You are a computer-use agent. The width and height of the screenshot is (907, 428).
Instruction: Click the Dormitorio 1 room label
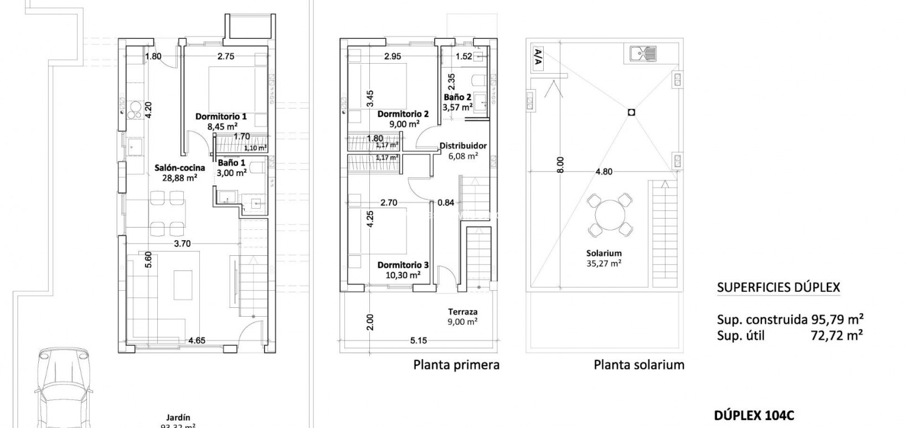point(220,117)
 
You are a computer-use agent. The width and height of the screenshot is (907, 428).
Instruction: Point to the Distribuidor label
point(463,146)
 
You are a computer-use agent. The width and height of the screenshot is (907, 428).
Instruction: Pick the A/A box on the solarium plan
point(537,57)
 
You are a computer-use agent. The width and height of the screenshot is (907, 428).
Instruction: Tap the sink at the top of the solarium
point(642,54)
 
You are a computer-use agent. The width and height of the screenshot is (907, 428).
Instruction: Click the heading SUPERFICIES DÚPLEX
point(778,287)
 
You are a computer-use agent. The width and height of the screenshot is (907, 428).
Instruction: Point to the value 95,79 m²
point(837,319)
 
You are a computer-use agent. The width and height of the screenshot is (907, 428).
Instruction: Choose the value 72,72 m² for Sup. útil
point(836,334)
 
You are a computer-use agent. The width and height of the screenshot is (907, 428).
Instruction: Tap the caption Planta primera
point(456,365)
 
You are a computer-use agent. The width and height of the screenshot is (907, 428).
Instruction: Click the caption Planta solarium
point(638,365)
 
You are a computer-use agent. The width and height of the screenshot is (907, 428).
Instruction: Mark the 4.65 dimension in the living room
point(196,341)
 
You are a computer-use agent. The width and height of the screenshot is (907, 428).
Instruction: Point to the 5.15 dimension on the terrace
point(418,341)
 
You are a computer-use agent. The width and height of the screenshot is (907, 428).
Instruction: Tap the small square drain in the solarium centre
point(631,112)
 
